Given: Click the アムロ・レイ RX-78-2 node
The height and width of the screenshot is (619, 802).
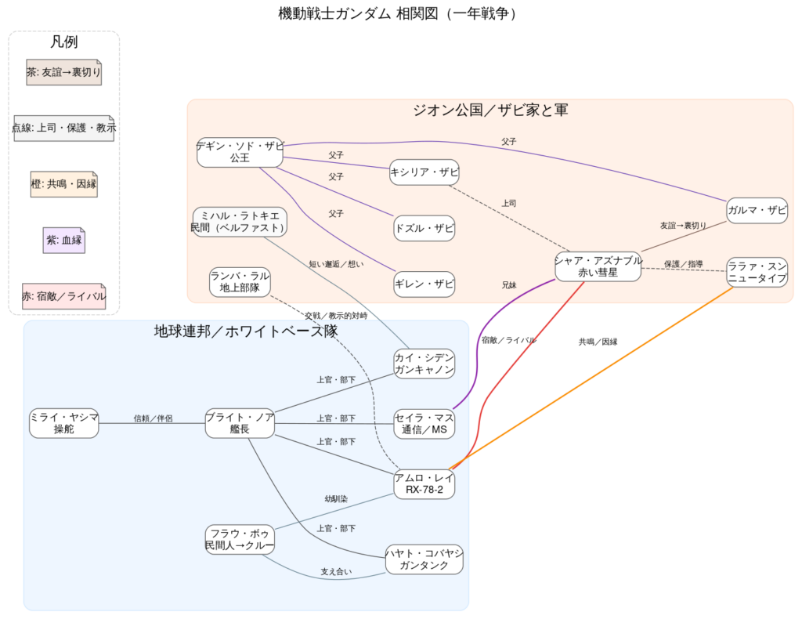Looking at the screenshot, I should point(424,483).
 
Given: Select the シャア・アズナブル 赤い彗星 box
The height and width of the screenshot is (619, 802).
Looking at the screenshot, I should point(598,266).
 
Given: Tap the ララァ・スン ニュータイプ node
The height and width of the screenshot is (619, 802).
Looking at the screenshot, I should point(757,271).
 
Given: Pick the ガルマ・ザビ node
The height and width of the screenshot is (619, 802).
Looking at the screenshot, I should point(757,210).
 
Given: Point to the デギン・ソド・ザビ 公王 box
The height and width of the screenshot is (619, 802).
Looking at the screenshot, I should point(240,151).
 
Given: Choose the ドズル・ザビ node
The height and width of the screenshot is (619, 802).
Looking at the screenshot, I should point(424,228).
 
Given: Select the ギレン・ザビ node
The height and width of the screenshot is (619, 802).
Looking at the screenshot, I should point(424,284).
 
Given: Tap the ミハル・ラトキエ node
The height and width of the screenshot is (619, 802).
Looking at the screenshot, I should point(240,221).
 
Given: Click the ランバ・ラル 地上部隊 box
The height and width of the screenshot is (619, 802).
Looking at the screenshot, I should point(240,282).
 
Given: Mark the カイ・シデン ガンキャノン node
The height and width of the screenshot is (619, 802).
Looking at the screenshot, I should point(424,364).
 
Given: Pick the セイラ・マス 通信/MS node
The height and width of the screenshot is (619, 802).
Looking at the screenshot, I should point(424,423).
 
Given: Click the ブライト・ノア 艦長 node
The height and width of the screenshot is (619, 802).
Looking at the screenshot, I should point(240,423).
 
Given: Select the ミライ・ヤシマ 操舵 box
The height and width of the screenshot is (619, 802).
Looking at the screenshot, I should point(64,423).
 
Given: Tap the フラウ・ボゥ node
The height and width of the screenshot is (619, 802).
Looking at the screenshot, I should point(240,539).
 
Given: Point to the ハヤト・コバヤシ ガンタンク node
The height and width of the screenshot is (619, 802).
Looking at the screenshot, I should point(424,559).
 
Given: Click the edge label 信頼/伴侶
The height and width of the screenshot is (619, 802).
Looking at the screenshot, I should point(153,418).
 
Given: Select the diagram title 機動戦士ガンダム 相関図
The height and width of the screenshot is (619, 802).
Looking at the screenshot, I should point(400,13).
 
